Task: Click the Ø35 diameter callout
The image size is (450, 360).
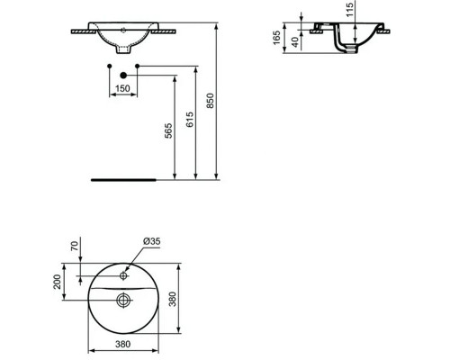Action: click(152, 240)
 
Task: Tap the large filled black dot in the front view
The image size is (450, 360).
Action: click(123, 69)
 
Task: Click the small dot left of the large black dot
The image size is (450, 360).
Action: click(109, 69)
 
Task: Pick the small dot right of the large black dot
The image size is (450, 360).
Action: click(138, 69)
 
